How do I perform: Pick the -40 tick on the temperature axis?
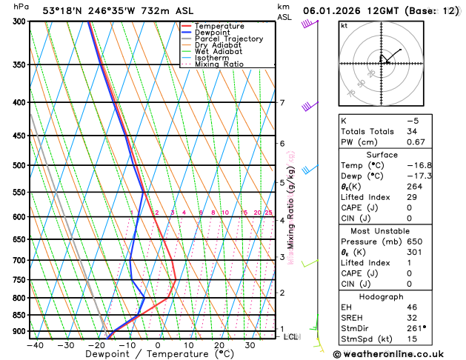click(x=34, y=344)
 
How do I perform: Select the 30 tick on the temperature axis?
click(x=250, y=344)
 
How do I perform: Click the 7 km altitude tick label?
click(x=282, y=103)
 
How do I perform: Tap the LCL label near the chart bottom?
click(x=292, y=337)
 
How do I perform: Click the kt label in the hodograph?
click(x=344, y=25)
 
